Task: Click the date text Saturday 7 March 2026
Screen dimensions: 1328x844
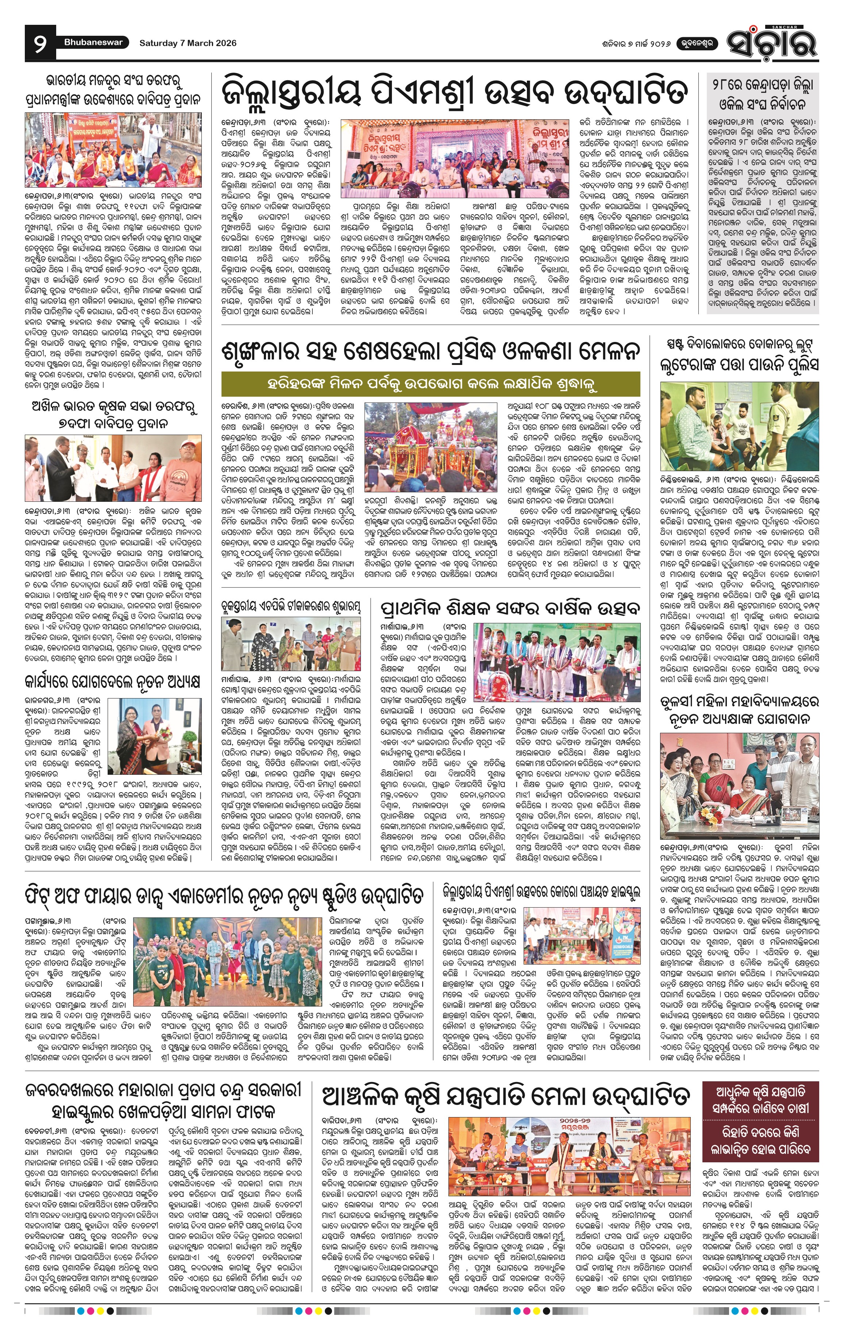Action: [x=188, y=43]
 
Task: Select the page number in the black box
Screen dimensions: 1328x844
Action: [x=40, y=43]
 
